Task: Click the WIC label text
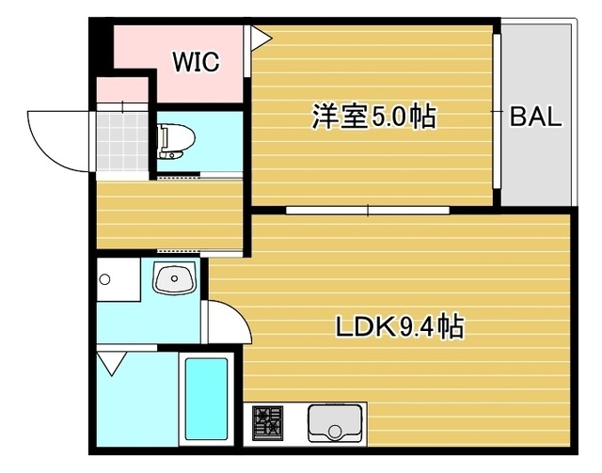point(196,63)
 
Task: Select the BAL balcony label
point(535,118)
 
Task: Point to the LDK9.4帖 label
point(399,327)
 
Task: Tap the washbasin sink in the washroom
point(174,279)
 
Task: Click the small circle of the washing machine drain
point(106,279)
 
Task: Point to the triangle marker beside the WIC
point(261,37)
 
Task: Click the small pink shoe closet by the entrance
point(122,91)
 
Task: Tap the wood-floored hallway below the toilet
point(169,214)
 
